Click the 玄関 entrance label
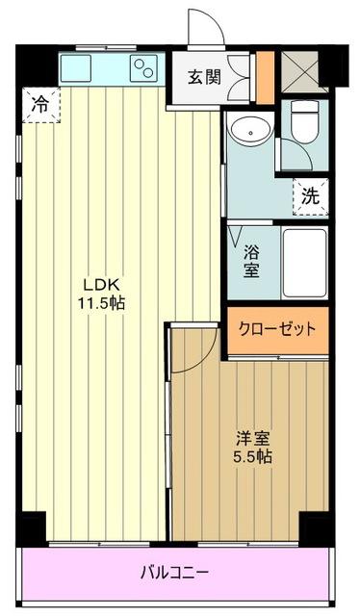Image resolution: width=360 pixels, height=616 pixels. pyautogui.click(x=205, y=76)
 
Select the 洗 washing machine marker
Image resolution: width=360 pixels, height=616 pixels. pyautogui.click(x=310, y=194)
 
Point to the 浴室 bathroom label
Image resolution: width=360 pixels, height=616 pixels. pyautogui.click(x=250, y=260)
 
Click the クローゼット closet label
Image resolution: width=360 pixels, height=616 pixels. pyautogui.click(x=277, y=329)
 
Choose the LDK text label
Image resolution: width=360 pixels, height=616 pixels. pyautogui.click(x=100, y=285)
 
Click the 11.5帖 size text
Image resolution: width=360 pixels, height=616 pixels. pyautogui.click(x=100, y=302)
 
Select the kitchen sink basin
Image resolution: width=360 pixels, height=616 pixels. pyautogui.click(x=76, y=67)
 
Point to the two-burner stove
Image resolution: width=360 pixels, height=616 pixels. pyautogui.click(x=145, y=67)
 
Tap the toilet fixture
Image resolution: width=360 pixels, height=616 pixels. pyautogui.click(x=305, y=123)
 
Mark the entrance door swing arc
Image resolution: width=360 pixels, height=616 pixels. pyautogui.click(x=205, y=27)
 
